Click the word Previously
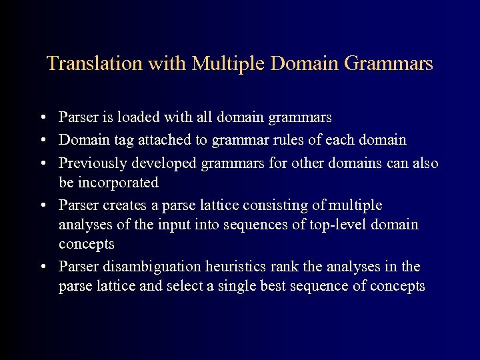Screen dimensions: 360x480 (93, 162)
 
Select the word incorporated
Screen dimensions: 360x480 (117, 183)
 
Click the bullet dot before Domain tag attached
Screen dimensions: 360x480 (42, 141)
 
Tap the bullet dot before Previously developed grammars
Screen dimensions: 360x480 (42, 163)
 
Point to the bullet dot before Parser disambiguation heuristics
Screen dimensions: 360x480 (42, 267)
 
